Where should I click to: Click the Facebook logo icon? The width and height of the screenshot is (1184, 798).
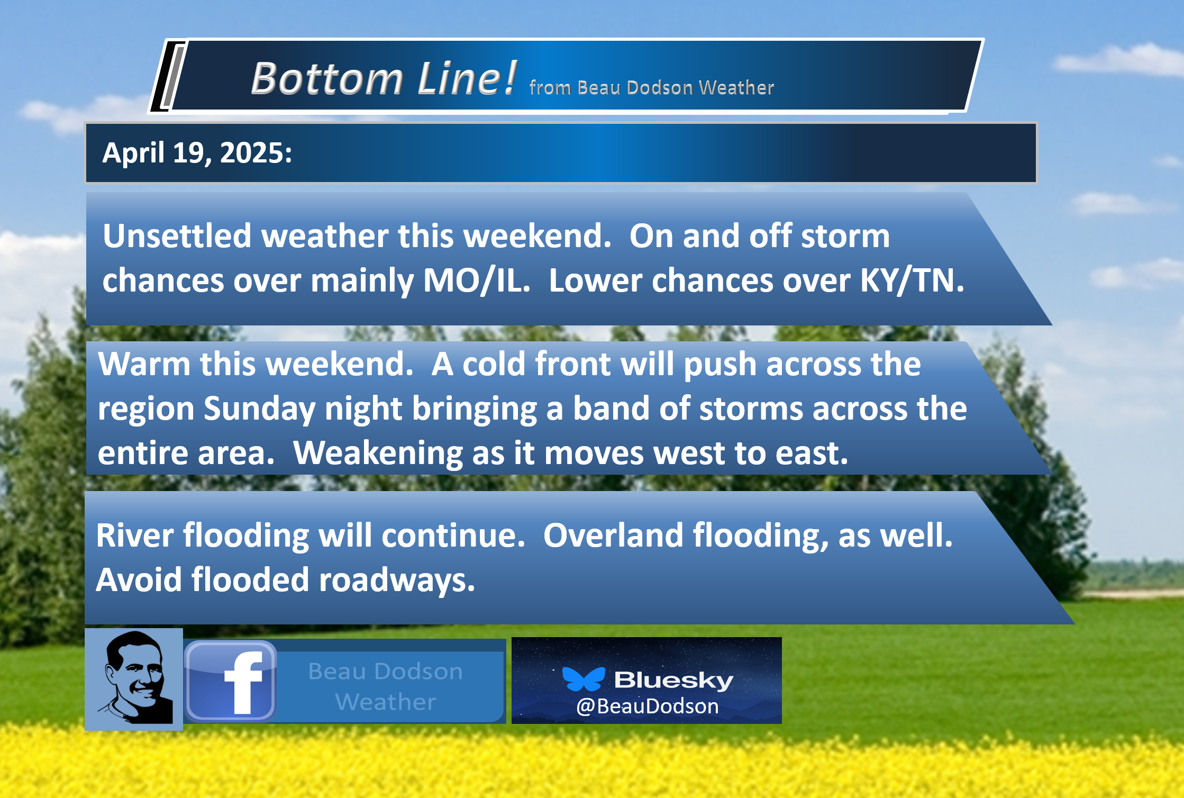tap(231, 681)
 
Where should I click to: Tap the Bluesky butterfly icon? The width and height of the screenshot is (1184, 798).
tap(584, 679)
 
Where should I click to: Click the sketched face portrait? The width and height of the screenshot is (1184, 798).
tap(134, 679)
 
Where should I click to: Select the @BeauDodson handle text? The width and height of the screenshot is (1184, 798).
tap(647, 706)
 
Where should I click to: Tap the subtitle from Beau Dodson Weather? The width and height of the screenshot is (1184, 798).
tap(651, 87)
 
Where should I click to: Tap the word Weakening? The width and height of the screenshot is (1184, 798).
tap(378, 454)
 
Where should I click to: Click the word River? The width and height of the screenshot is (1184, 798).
tap(135, 535)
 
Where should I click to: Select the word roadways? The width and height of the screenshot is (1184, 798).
tap(397, 581)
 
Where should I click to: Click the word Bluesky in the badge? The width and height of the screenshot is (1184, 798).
tap(673, 680)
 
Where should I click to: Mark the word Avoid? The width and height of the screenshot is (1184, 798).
tap(139, 579)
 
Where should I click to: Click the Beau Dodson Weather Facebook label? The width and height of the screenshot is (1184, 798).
tap(386, 686)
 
